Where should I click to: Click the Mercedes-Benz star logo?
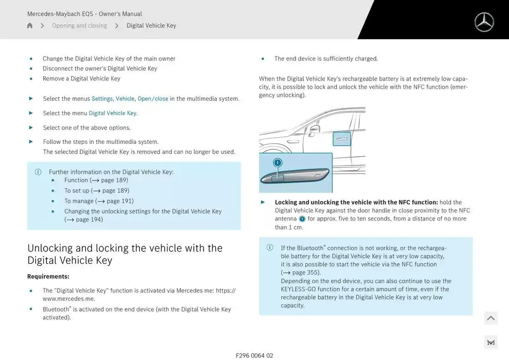484,22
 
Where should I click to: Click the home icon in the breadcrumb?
30,26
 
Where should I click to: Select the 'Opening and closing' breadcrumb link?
79,26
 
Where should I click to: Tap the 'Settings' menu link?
102,99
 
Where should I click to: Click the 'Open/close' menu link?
153,99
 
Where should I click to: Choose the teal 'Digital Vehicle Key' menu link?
113,113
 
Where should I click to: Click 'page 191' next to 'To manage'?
119,201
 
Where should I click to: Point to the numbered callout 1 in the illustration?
278,163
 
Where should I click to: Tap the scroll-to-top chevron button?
490,318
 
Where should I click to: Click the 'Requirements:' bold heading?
48,277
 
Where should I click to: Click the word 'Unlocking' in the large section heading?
50,248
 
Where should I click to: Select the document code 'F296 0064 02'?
254,355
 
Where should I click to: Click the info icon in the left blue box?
38,172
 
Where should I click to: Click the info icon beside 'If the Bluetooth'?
270,247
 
